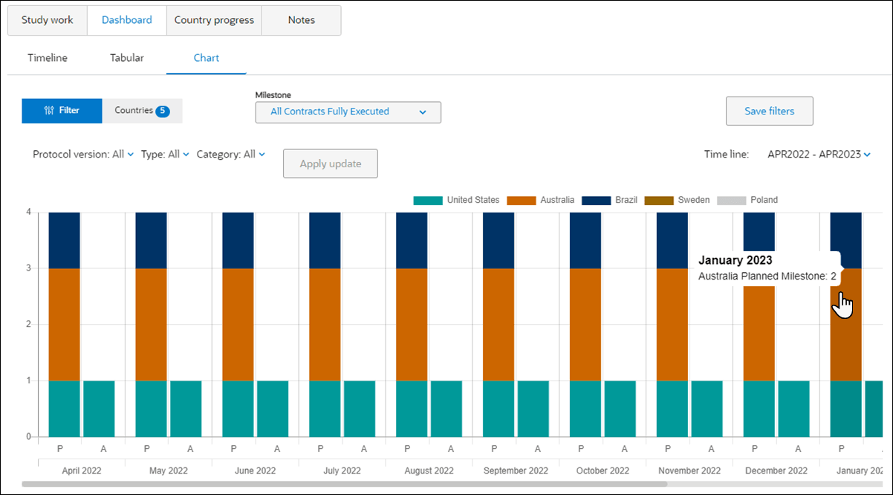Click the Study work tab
pyautogui.click(x=48, y=20)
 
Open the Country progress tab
pyautogui.click(x=214, y=20)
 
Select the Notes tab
pyautogui.click(x=301, y=20)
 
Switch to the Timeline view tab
pyautogui.click(x=48, y=58)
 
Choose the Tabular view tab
pyautogui.click(x=127, y=58)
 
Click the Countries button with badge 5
pyautogui.click(x=142, y=111)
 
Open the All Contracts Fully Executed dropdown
pyautogui.click(x=348, y=112)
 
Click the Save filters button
pyautogui.click(x=769, y=111)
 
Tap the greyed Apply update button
pyautogui.click(x=330, y=164)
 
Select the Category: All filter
pyautogui.click(x=230, y=155)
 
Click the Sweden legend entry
pyautogui.click(x=678, y=200)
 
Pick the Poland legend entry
pyautogui.click(x=749, y=200)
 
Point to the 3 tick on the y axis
pyautogui.click(x=28, y=268)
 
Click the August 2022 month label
pyautogui.click(x=429, y=470)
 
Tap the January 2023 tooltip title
pyautogui.click(x=735, y=260)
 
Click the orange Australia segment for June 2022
pyautogui.click(x=238, y=324)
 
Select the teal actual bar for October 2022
pyautogui.click(x=620, y=409)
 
